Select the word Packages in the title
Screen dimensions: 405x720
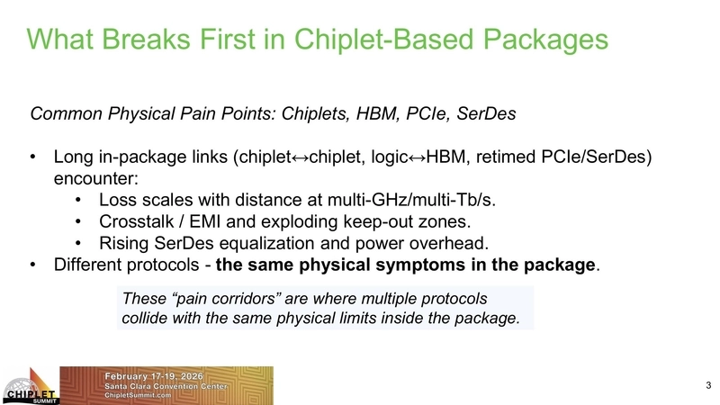pyautogui.click(x=539, y=39)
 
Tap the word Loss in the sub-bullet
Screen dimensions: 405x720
pyautogui.click(x=118, y=199)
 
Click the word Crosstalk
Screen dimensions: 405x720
pyautogui.click(x=139, y=220)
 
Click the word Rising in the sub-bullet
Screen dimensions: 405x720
pyautogui.click(x=127, y=242)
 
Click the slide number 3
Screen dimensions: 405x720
pyautogui.click(x=708, y=386)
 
